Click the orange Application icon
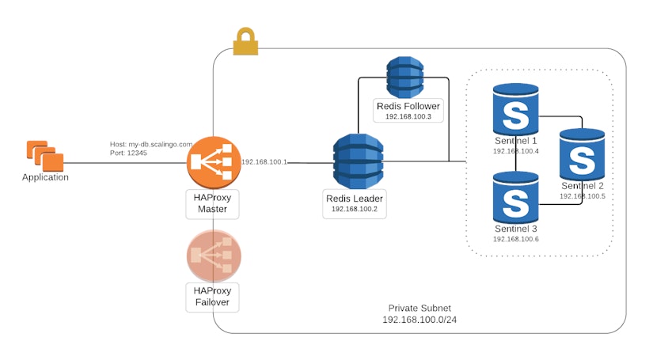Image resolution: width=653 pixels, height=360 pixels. (x=44, y=155)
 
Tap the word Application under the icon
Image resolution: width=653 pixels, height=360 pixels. (x=45, y=177)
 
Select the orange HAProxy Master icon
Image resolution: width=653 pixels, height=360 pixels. (x=214, y=162)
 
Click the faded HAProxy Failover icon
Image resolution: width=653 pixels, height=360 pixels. (x=214, y=256)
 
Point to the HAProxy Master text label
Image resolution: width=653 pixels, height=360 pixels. (x=212, y=203)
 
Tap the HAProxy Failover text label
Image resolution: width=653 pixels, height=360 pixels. (x=212, y=297)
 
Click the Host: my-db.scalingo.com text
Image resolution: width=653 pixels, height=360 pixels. (x=151, y=144)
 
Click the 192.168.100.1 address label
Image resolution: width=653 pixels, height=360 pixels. (x=264, y=161)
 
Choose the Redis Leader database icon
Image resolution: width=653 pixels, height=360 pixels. (x=358, y=161)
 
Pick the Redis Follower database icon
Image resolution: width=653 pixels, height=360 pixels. (x=405, y=77)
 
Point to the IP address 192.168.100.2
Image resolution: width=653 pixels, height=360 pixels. (x=355, y=209)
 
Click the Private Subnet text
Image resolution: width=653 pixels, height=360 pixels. (x=420, y=308)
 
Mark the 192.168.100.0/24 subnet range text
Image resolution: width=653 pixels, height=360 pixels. (x=420, y=320)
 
